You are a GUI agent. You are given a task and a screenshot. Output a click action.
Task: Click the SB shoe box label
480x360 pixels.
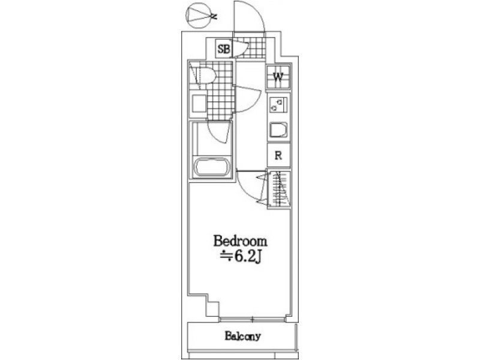[223, 49]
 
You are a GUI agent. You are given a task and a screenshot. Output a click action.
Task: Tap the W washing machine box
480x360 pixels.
[278, 77]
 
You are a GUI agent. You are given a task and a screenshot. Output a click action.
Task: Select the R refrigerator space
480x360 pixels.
[278, 155]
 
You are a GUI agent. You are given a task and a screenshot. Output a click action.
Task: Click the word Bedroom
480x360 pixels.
[240, 241]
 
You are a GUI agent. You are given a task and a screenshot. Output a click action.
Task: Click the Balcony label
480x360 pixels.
[242, 336]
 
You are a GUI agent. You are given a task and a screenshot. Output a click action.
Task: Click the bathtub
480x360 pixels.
[211, 167]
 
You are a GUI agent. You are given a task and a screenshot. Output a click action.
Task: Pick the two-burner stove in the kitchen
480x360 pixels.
[278, 104]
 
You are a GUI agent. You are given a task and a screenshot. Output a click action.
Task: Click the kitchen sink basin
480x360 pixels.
[278, 130]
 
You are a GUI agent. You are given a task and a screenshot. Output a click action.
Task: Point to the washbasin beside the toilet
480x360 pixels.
[199, 104]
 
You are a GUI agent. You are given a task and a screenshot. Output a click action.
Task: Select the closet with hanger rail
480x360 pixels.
[278, 189]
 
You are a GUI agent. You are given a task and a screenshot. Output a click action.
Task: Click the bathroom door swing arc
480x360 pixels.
[217, 134]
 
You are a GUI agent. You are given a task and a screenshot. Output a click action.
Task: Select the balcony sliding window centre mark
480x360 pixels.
[253, 320]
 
